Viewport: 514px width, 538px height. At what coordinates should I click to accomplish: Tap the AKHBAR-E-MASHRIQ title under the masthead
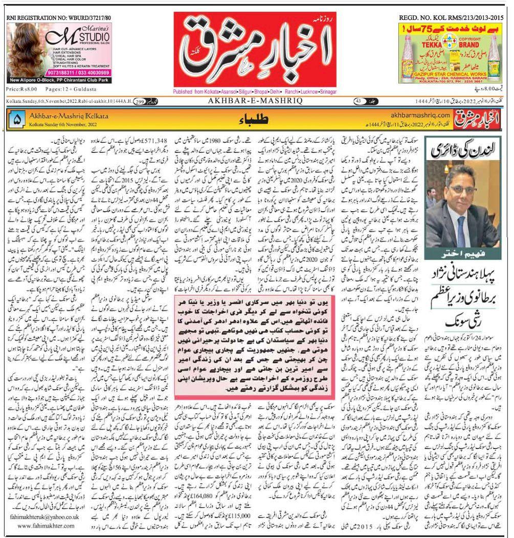tap(257, 101)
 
